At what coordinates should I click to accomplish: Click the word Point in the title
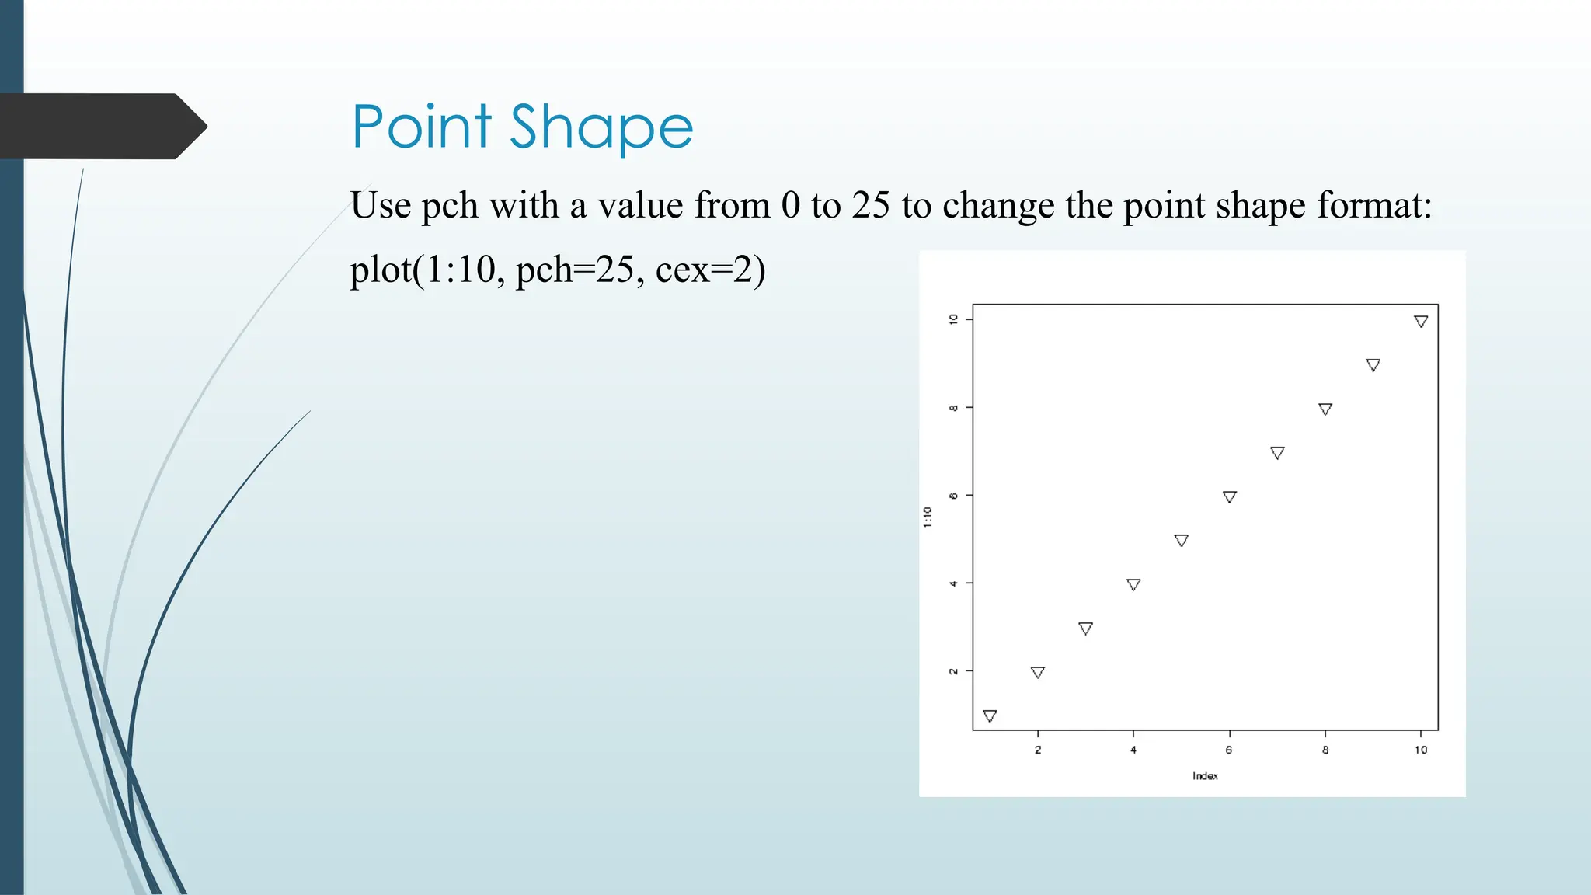422,127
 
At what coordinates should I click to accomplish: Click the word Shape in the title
601,128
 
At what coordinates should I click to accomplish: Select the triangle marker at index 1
990,716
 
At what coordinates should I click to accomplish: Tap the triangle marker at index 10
1421,321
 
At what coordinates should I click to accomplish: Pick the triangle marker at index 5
1181,540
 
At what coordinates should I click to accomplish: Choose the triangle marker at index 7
1277,452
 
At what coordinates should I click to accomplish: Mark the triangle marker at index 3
1085,628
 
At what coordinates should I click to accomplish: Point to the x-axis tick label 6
1229,750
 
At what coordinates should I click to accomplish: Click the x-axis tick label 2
1038,750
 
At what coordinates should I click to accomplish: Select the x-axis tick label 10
1421,750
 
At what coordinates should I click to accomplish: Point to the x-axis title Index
1205,776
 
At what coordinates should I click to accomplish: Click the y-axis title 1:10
928,517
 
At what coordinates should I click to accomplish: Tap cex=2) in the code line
710,270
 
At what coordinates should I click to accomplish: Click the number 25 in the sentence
870,206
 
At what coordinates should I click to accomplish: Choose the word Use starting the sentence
381,206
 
